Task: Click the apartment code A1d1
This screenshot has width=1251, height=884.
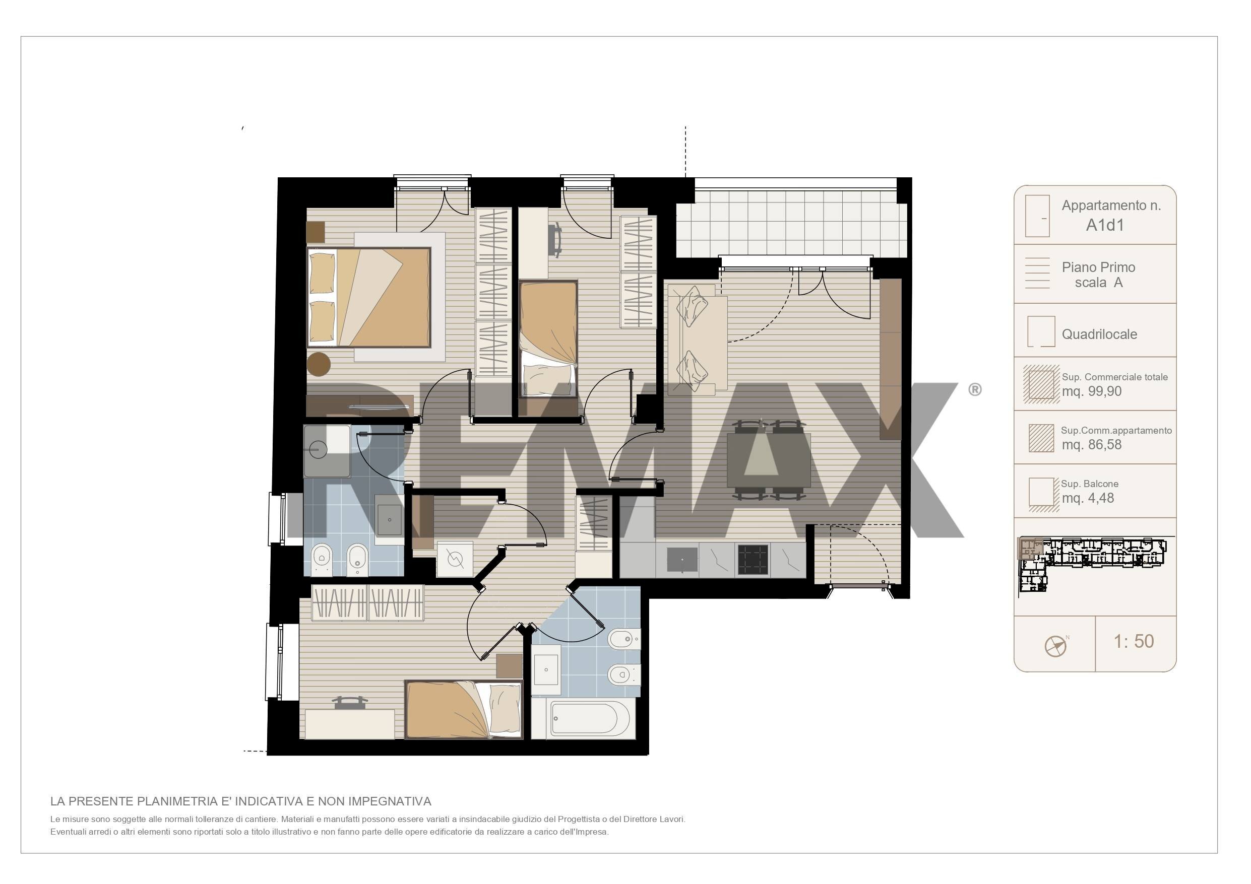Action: coord(1105,225)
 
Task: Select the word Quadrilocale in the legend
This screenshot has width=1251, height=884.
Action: coord(1099,334)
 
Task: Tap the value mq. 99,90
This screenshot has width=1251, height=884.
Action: coord(1091,391)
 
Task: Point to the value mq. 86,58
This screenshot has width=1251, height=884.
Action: coord(1091,444)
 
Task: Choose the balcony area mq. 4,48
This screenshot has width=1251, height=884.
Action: coord(1088,498)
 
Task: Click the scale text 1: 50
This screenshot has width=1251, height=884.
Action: coord(1134,641)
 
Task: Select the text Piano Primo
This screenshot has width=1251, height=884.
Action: coord(1098,267)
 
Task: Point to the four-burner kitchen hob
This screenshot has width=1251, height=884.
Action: coord(753,560)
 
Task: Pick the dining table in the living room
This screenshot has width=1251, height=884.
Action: coord(769,460)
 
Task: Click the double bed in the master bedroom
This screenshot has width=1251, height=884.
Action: coord(369,297)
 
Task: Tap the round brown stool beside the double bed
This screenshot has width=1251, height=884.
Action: coord(319,364)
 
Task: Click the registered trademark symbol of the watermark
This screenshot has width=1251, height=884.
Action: coord(975,389)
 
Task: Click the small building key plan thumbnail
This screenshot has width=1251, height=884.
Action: coord(1092,564)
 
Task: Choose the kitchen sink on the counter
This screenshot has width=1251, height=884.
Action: coord(682,560)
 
